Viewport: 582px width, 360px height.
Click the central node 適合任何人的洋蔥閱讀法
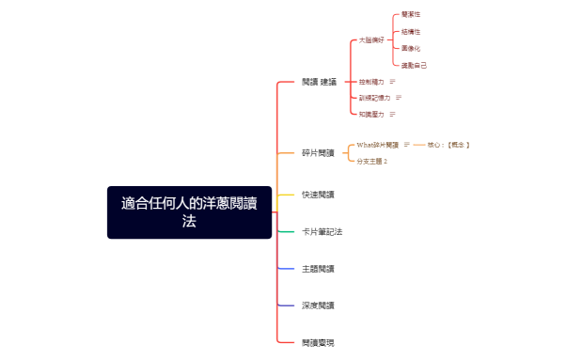[x=189, y=211]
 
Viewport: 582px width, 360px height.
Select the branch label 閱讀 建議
[x=319, y=82]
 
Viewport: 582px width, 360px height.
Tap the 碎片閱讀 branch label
[x=318, y=152]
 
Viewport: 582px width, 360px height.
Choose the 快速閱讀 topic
[x=318, y=195]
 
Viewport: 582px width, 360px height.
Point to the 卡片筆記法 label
[x=322, y=231]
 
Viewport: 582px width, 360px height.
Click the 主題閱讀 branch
[x=318, y=269]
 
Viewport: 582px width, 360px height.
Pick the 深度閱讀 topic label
[x=318, y=305]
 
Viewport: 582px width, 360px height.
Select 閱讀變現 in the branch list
[x=318, y=343]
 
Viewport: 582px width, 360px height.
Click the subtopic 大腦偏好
[x=371, y=40]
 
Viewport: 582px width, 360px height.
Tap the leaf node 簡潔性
[x=411, y=15]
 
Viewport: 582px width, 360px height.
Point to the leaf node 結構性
[x=411, y=32]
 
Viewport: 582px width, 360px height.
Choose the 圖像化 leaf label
[x=411, y=48]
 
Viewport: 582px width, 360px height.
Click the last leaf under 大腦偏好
[x=414, y=65]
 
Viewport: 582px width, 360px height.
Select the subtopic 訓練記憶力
[x=374, y=98]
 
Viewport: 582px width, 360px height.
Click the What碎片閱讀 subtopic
[x=377, y=145]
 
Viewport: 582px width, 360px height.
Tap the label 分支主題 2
[x=372, y=162]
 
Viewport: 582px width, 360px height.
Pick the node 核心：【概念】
[x=448, y=145]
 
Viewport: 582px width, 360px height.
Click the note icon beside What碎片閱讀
[x=407, y=145]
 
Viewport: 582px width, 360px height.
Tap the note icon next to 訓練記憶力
[x=399, y=98]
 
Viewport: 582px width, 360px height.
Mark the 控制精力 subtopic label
[x=371, y=82]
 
